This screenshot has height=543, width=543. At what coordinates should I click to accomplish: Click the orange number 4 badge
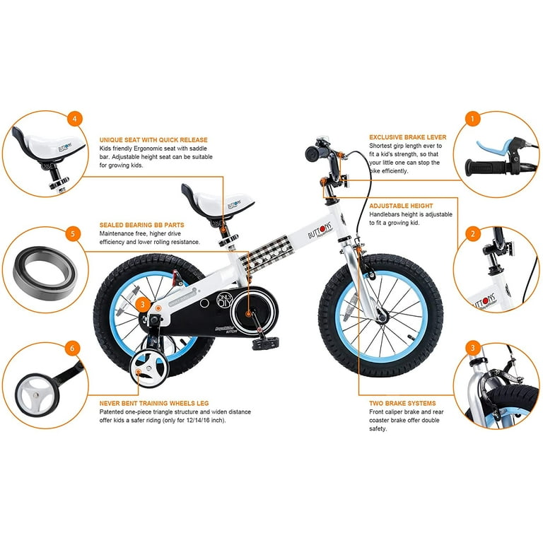(75, 119)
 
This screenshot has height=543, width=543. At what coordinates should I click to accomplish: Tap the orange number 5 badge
(72, 233)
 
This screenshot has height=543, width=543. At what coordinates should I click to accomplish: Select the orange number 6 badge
(72, 348)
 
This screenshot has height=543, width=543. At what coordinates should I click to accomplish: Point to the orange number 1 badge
(472, 119)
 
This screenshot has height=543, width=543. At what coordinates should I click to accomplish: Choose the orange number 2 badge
(472, 234)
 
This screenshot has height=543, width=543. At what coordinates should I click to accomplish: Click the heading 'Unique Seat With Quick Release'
(153, 140)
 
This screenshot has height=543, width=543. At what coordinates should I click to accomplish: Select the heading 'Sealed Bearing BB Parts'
(141, 225)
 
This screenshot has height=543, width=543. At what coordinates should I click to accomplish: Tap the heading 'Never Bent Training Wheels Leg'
(154, 403)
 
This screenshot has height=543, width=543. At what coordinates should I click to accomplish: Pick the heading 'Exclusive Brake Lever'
(407, 137)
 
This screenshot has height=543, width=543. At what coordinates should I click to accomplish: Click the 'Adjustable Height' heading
(401, 206)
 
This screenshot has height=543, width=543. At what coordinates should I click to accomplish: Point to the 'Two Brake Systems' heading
(402, 403)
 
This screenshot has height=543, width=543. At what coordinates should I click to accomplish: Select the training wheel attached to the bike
(148, 369)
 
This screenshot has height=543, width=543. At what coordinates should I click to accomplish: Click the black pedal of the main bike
(266, 343)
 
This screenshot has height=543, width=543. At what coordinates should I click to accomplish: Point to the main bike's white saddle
(218, 202)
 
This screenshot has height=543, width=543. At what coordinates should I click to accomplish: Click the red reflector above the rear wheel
(176, 276)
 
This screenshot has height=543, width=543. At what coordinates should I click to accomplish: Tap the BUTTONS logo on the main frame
(320, 230)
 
